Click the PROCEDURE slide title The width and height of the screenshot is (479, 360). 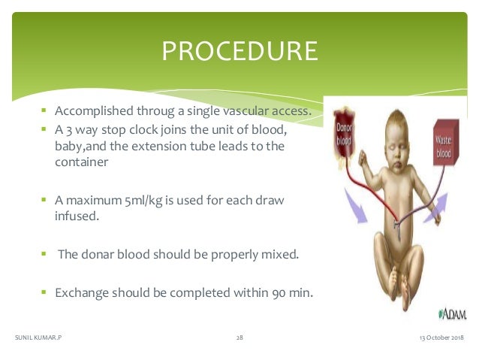[239, 52]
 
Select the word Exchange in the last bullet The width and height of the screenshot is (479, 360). [81, 290]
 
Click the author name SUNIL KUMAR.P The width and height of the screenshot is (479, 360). [38, 338]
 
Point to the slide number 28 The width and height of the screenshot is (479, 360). [239, 338]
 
